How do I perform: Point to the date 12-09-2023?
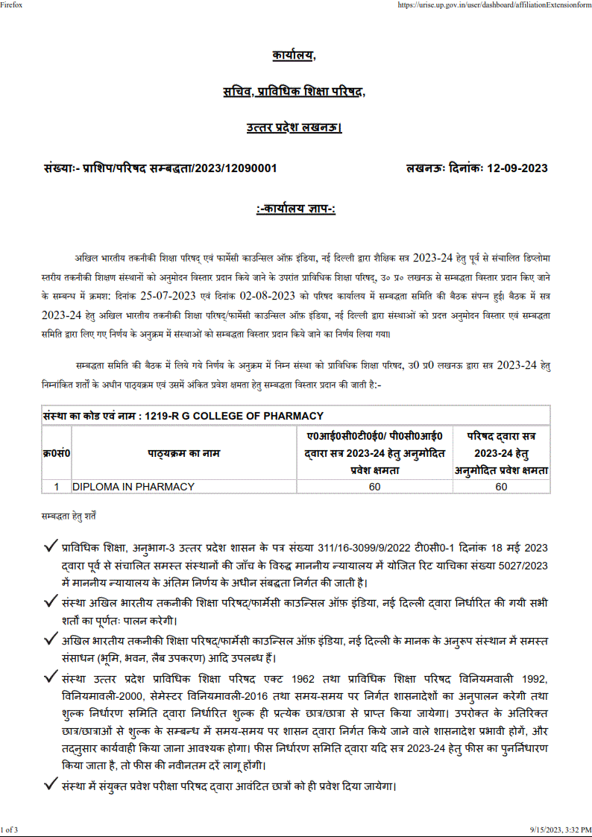pyautogui.click(x=517, y=168)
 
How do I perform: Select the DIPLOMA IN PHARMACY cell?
pyautogui.click(x=133, y=487)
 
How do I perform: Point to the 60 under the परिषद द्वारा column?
pyautogui.click(x=501, y=487)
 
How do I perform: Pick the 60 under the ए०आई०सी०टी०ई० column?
pyautogui.click(x=374, y=487)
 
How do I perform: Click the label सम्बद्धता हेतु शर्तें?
pyautogui.click(x=69, y=515)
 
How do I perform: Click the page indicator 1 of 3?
pyautogui.click(x=10, y=830)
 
